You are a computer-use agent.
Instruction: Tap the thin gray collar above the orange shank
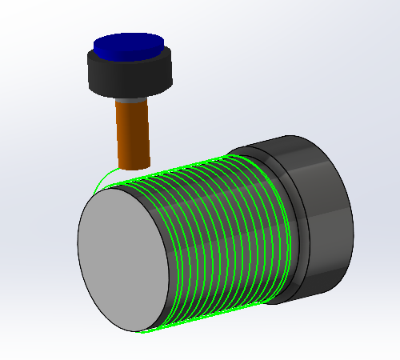132,99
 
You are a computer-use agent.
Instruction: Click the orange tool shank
133,132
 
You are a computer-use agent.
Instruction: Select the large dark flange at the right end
320,216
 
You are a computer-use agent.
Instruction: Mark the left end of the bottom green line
142,330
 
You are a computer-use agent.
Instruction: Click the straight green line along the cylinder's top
192,168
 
